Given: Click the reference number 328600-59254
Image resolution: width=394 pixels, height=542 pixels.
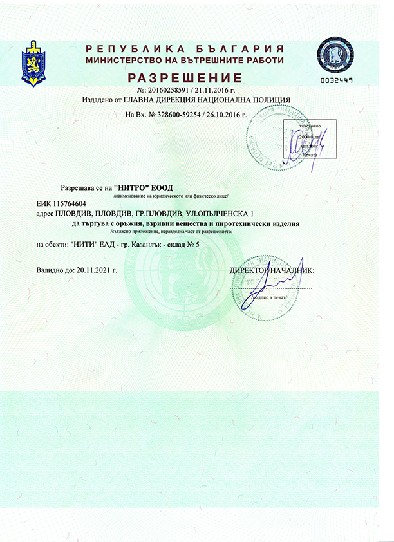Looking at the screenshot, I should click(182, 113).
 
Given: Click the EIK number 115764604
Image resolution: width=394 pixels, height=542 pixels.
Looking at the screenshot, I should click(71, 204).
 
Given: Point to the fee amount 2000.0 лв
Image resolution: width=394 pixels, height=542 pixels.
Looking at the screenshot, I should click(310, 137).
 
